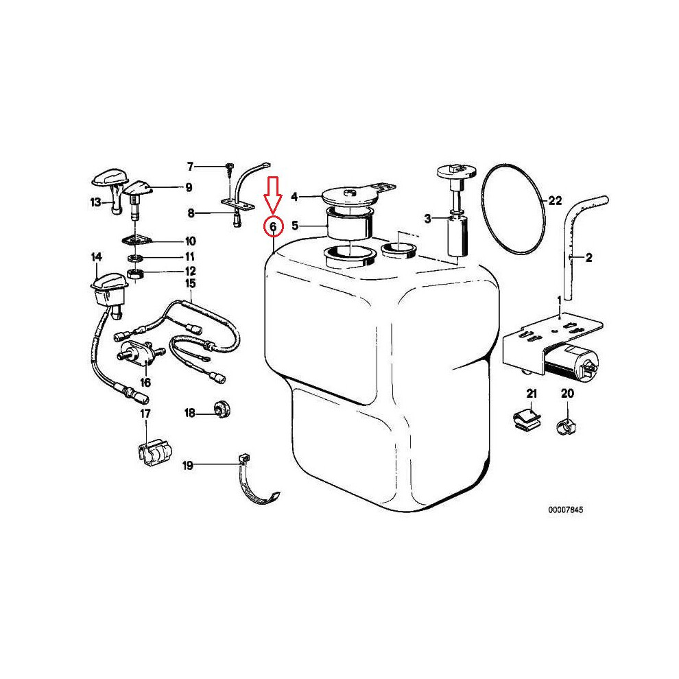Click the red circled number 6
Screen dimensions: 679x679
point(272,226)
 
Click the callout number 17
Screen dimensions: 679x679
point(145,414)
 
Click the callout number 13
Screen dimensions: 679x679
point(95,202)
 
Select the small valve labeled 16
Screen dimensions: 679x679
point(132,355)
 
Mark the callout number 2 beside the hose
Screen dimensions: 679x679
point(588,258)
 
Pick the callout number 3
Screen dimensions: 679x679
point(427,219)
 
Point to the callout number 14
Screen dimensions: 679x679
point(96,257)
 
